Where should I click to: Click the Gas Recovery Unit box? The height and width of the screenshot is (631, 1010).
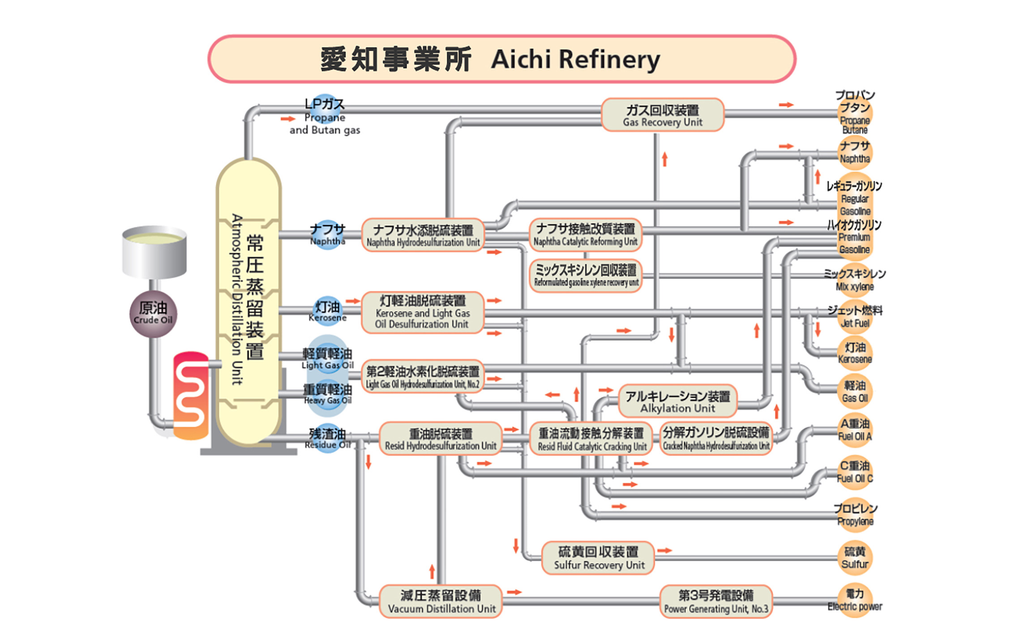click(x=662, y=115)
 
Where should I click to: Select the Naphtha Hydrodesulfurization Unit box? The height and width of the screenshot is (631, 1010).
click(x=423, y=235)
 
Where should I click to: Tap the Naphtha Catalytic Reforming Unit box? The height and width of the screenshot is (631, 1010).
click(x=585, y=234)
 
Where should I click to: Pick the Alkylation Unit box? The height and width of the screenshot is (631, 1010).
click(x=677, y=401)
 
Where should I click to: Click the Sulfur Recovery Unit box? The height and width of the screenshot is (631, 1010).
click(x=599, y=558)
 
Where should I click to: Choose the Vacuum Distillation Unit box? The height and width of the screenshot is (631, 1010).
click(x=441, y=601)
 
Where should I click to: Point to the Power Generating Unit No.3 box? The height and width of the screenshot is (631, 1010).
click(x=716, y=601)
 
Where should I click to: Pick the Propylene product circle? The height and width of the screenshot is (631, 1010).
click(x=855, y=515)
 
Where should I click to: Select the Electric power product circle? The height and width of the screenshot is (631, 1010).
click(x=855, y=600)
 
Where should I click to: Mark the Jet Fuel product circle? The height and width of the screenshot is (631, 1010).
click(x=855, y=317)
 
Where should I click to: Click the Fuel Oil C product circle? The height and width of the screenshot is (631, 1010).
click(x=855, y=473)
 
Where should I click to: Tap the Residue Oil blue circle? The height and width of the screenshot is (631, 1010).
click(x=328, y=438)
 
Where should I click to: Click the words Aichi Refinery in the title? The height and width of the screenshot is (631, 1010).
click(x=575, y=59)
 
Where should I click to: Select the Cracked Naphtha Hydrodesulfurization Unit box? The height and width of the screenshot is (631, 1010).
click(x=716, y=439)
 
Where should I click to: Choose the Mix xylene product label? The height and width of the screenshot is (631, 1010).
click(x=855, y=280)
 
